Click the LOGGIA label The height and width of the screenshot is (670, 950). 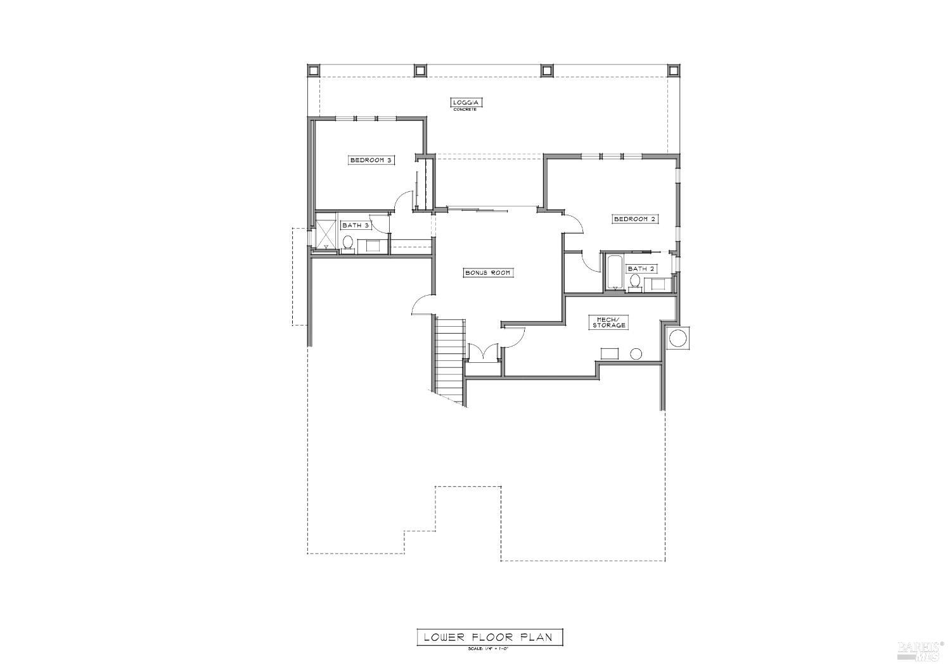click(x=468, y=102)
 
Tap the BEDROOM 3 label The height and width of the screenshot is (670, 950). click(x=372, y=160)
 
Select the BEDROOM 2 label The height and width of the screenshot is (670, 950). click(x=634, y=219)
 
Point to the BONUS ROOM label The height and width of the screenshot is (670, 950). click(x=487, y=273)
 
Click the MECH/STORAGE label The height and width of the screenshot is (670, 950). click(x=609, y=322)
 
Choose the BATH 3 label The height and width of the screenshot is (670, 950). click(x=355, y=225)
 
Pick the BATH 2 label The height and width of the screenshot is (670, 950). click(x=641, y=269)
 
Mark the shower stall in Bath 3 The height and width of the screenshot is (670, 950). click(x=326, y=232)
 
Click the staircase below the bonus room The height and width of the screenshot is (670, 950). click(x=450, y=358)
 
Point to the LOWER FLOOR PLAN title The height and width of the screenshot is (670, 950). click(x=489, y=637)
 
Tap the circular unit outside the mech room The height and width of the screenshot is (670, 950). click(x=677, y=338)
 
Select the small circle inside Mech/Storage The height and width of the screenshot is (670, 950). click(x=636, y=354)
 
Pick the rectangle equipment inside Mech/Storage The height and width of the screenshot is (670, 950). click(x=611, y=353)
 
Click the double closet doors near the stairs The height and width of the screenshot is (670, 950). click(x=483, y=353)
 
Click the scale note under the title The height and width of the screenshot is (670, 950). click(x=489, y=648)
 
